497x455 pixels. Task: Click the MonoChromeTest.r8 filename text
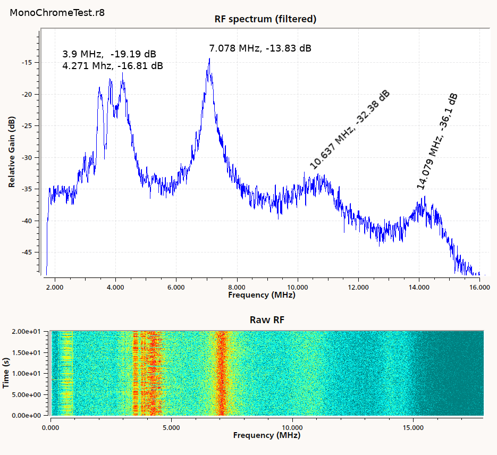(x=57, y=13)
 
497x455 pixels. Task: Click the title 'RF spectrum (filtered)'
(x=265, y=19)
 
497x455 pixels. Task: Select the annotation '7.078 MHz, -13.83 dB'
(x=260, y=48)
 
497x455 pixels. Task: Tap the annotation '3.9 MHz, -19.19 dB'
(x=109, y=54)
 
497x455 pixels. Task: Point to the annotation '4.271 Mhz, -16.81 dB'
(x=112, y=66)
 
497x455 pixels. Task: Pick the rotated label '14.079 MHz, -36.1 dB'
(x=437, y=141)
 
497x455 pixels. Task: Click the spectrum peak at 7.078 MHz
(x=209, y=59)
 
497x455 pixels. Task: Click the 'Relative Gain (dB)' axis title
(x=12, y=153)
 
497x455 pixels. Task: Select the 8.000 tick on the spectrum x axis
(x=237, y=288)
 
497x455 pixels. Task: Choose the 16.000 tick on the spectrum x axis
(x=479, y=288)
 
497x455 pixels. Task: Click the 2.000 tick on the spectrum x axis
(x=55, y=288)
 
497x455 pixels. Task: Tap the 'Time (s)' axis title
(x=6, y=373)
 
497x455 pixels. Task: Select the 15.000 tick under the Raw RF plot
(x=414, y=427)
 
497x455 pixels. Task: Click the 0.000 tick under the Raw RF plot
(x=50, y=427)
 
